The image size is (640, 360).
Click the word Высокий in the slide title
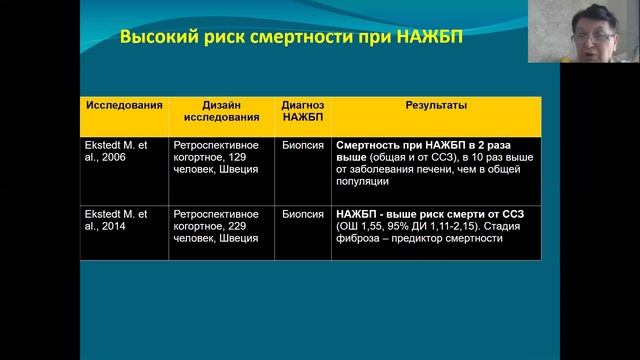[x=156, y=39]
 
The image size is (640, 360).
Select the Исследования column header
[x=123, y=105]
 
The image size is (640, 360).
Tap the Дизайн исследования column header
[x=220, y=111]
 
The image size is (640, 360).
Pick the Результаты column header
[x=435, y=105]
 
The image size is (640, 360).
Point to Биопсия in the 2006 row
[x=302, y=145]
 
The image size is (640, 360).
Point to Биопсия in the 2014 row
[x=302, y=214]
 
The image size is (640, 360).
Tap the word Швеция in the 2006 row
[x=239, y=169]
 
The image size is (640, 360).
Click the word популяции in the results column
[x=363, y=181]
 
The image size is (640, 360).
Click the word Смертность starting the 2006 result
[x=369, y=145]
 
